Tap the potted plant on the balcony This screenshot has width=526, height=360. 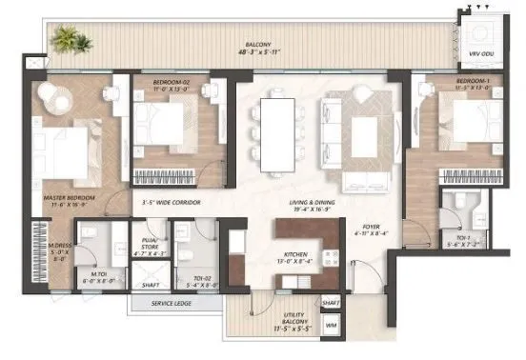(x=66, y=40)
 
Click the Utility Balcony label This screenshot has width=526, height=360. (x=282, y=323)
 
